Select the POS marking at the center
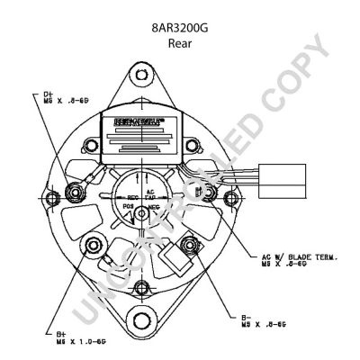tap(130, 206)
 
